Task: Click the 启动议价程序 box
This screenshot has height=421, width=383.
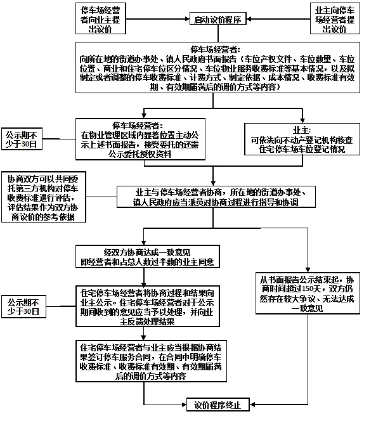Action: (219, 20)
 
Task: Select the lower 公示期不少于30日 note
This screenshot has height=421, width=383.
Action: (22, 306)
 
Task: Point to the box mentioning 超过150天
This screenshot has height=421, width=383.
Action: (308, 294)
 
